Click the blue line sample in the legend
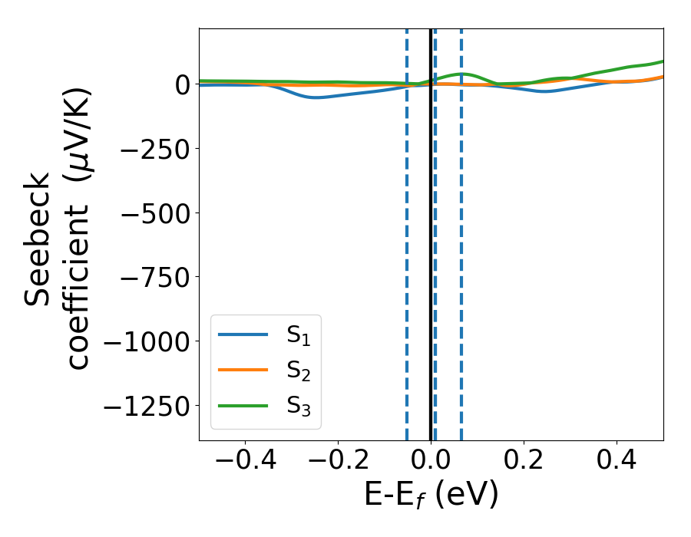click(243, 335)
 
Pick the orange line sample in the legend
click(243, 371)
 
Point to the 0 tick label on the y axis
click(181, 84)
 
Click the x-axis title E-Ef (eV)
click(431, 495)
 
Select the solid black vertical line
click(431, 230)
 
